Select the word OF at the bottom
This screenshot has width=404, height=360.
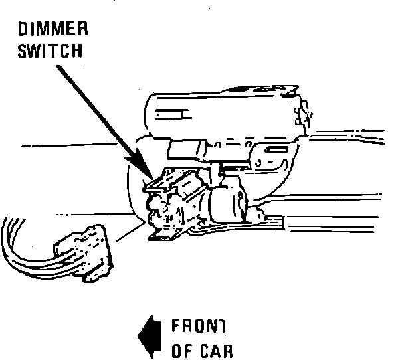[181, 350]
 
